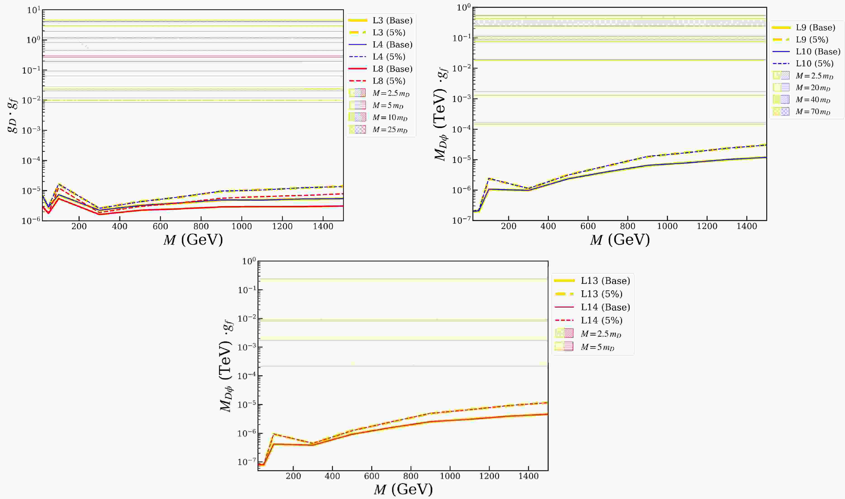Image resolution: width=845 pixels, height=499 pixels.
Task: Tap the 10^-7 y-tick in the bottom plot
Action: [246, 462]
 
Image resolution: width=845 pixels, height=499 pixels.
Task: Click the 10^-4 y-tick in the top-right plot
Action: [461, 129]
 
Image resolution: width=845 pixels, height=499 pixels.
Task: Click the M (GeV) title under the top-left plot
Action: [193, 240]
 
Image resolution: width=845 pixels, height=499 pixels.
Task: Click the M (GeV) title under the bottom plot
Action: [403, 489]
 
